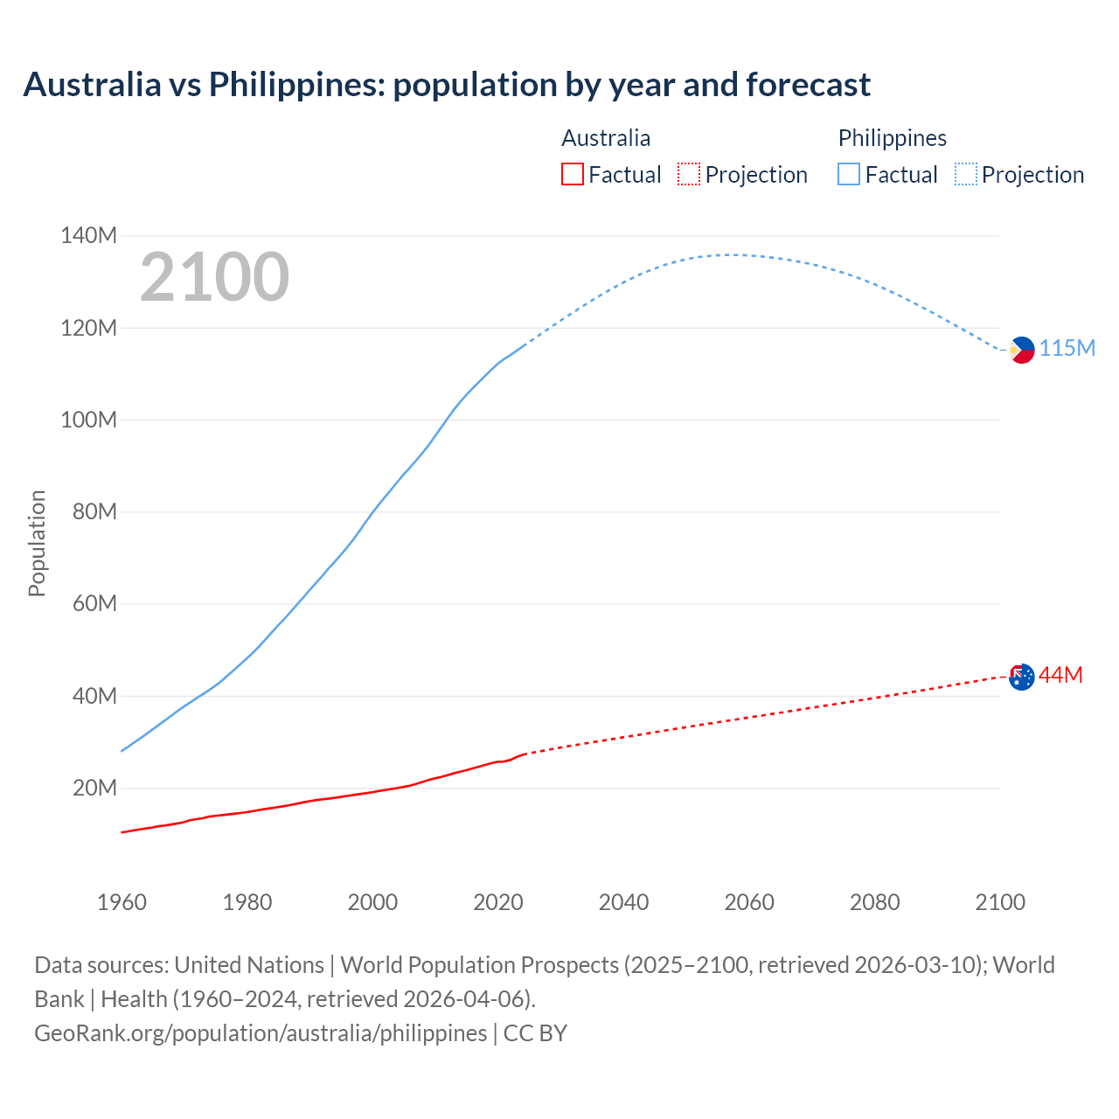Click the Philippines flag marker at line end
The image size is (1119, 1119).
(1022, 350)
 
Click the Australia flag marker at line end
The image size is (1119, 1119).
(1022, 677)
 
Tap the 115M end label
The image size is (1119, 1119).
(1067, 348)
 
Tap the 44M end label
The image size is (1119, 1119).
(1060, 675)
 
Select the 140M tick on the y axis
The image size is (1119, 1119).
(88, 235)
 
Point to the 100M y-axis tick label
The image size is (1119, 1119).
(88, 420)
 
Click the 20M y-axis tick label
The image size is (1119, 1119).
(94, 788)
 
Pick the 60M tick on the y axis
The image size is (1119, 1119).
(94, 603)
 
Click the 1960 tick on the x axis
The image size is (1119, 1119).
(122, 902)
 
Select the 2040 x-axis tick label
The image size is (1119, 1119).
(623, 902)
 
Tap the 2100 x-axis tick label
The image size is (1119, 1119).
(1000, 902)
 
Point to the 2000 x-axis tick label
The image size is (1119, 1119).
(372, 902)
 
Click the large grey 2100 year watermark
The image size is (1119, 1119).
(214, 277)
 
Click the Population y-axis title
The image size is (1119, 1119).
(37, 543)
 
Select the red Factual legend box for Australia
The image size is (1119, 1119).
(573, 175)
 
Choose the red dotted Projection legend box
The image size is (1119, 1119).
(689, 175)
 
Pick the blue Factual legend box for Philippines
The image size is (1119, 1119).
(849, 175)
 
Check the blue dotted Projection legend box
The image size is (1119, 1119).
(965, 175)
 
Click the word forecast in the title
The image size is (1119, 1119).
(808, 85)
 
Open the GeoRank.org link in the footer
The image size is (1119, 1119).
(261, 1033)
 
